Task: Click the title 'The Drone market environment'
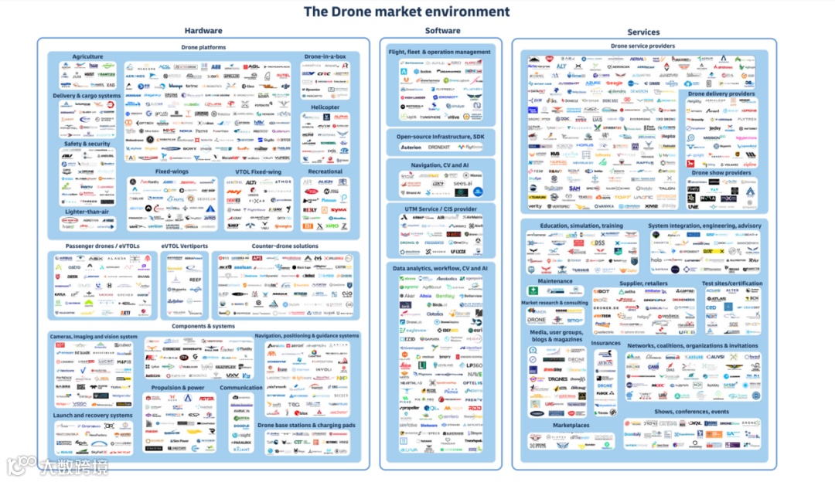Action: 406,12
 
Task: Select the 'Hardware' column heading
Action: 203,31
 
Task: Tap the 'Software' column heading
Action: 442,30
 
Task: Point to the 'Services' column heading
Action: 642,32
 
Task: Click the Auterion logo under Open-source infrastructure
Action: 411,147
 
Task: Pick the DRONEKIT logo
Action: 439,147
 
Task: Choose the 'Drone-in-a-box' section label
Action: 325,56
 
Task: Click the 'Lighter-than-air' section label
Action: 87,211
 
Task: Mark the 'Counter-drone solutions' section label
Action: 285,246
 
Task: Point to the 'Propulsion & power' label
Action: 178,388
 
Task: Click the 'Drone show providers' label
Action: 721,173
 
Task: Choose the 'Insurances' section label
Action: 605,343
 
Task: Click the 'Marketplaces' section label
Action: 571,425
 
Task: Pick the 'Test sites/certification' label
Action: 731,283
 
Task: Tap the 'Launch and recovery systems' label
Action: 93,415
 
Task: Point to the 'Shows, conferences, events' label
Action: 691,412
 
